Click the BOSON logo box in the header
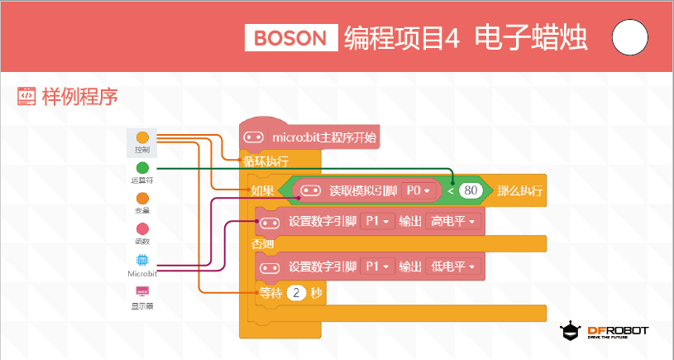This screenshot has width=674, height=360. [291, 38]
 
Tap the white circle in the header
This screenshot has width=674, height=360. [629, 37]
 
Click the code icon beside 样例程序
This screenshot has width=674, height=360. [26, 96]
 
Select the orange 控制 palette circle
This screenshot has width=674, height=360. [142, 137]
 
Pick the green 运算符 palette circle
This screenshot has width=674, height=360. [142, 168]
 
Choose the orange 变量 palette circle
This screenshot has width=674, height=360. [142, 199]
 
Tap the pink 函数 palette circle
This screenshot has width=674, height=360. [142, 228]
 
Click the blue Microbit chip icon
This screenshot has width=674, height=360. [142, 260]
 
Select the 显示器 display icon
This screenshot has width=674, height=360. [142, 291]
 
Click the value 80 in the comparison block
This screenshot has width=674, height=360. [471, 190]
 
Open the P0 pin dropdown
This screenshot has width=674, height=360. [418, 190]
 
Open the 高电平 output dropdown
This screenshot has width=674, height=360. [453, 222]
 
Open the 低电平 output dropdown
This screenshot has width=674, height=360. [453, 266]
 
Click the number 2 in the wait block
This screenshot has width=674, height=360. [296, 293]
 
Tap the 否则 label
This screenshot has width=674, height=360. [263, 244]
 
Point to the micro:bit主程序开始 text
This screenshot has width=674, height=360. [324, 137]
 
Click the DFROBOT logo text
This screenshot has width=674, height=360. [618, 331]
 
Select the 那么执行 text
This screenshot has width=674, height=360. [519, 190]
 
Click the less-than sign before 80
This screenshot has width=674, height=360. [451, 190]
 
